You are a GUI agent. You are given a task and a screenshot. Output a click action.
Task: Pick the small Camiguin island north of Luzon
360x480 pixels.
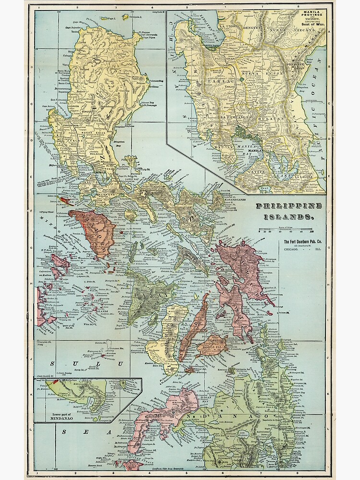125,17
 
